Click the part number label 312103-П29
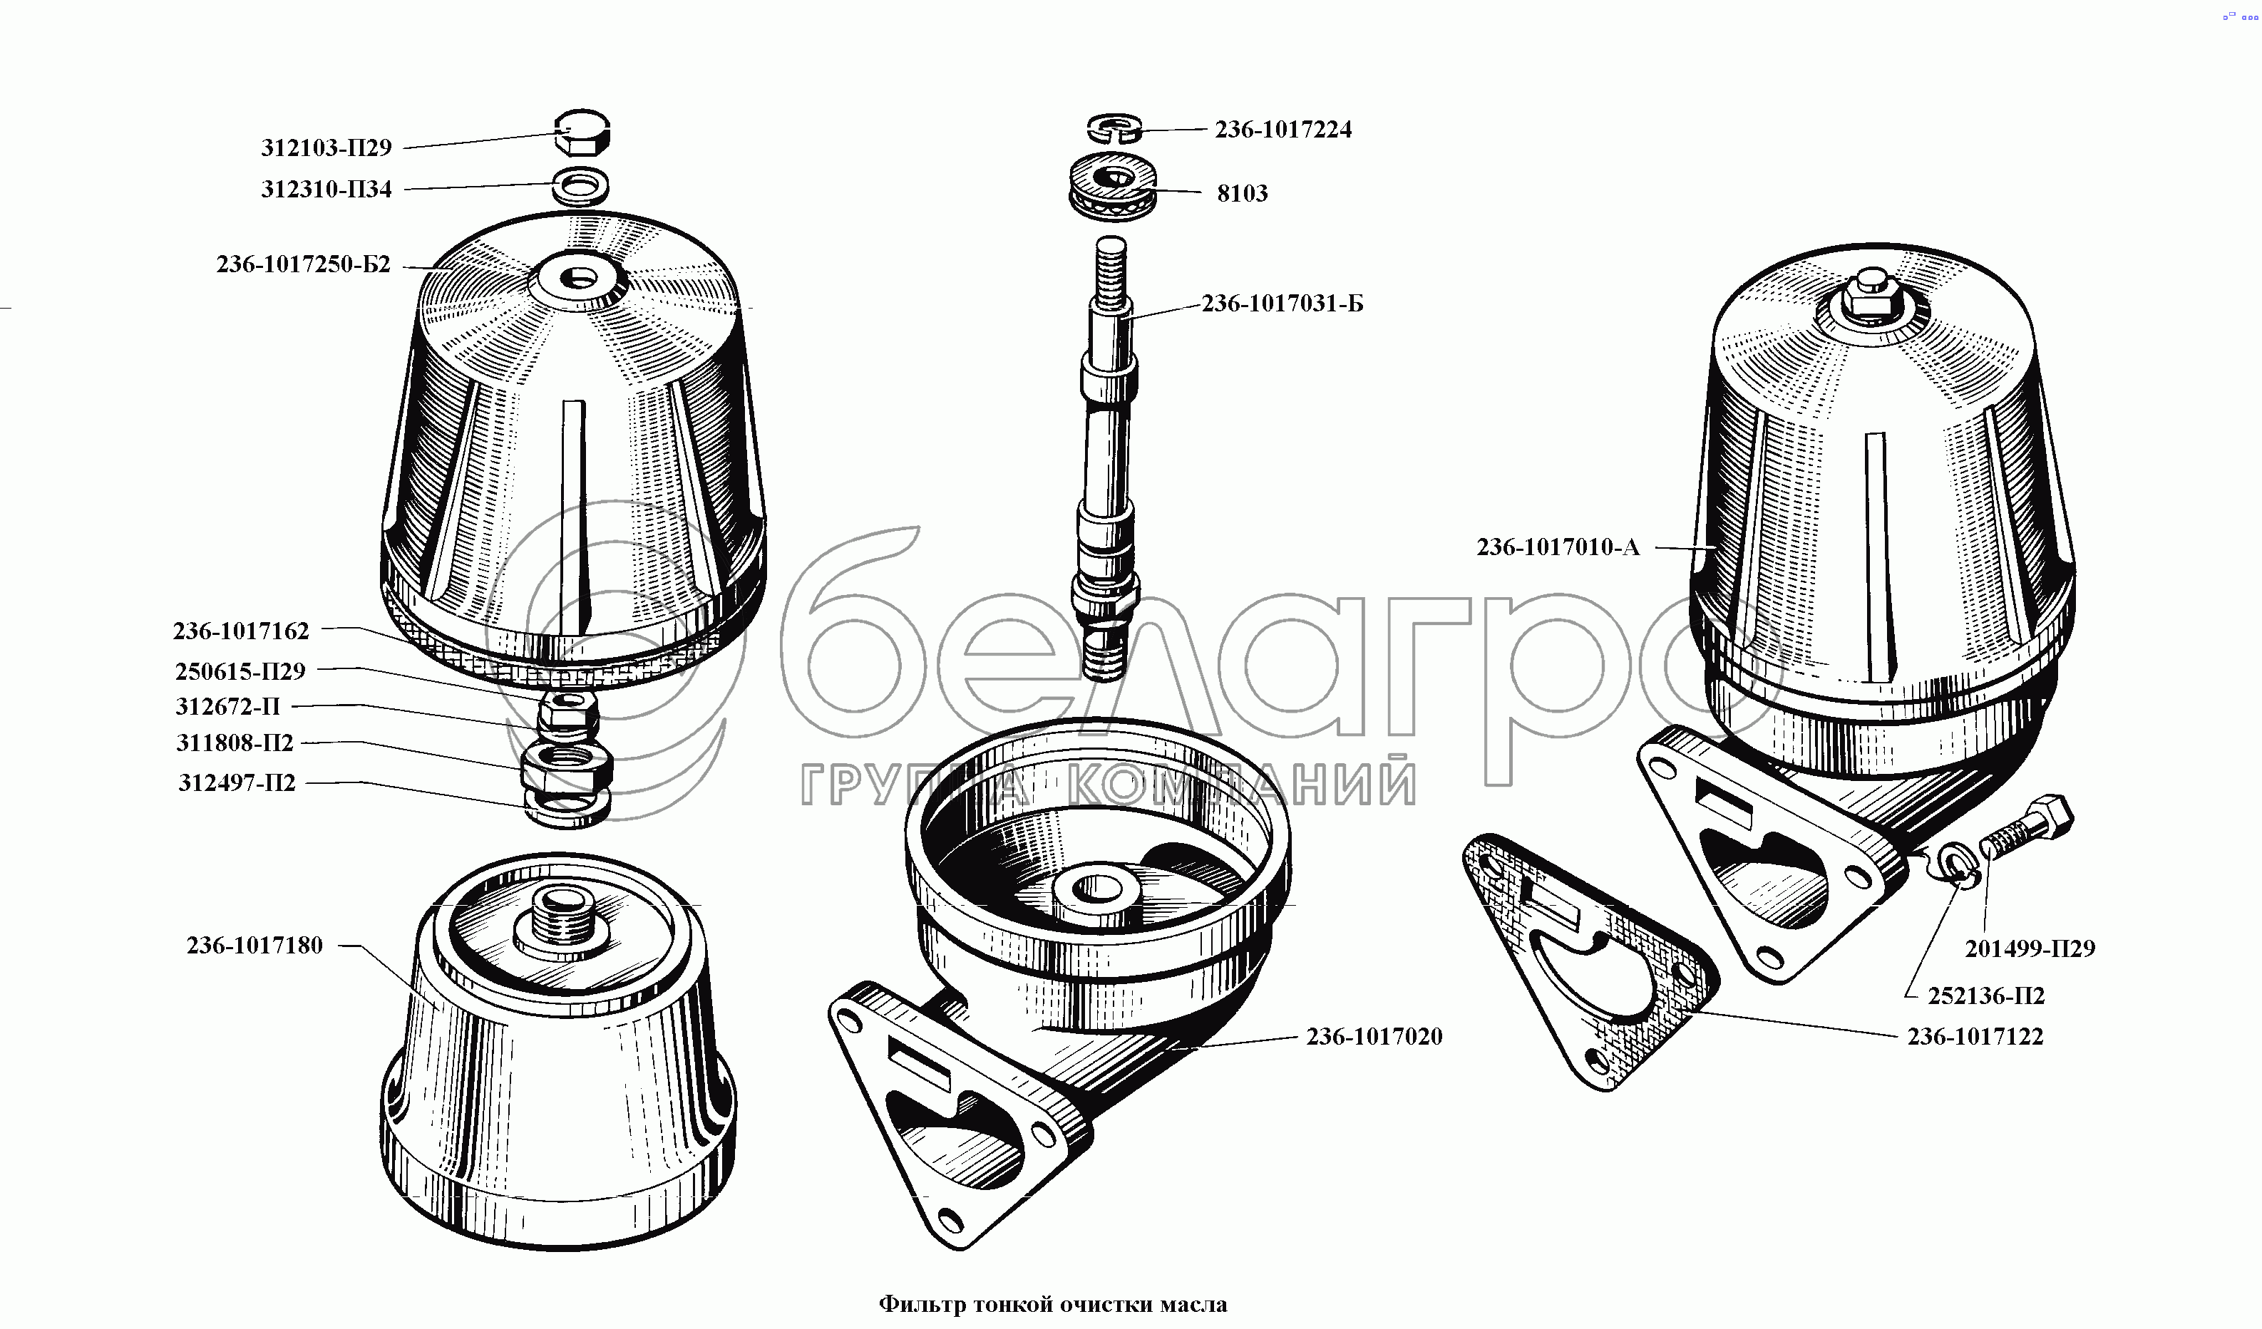click(x=326, y=148)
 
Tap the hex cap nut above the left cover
click(x=582, y=133)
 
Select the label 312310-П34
click(x=326, y=190)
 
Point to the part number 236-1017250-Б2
click(x=304, y=264)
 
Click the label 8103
click(x=1241, y=193)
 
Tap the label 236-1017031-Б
click(x=1282, y=304)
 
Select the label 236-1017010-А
click(x=1558, y=547)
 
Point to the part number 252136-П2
click(x=1985, y=996)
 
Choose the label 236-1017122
click(x=1975, y=1036)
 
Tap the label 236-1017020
click(x=1373, y=1036)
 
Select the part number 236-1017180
click(x=254, y=945)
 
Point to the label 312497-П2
click(x=236, y=782)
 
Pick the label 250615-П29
click(x=240, y=671)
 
